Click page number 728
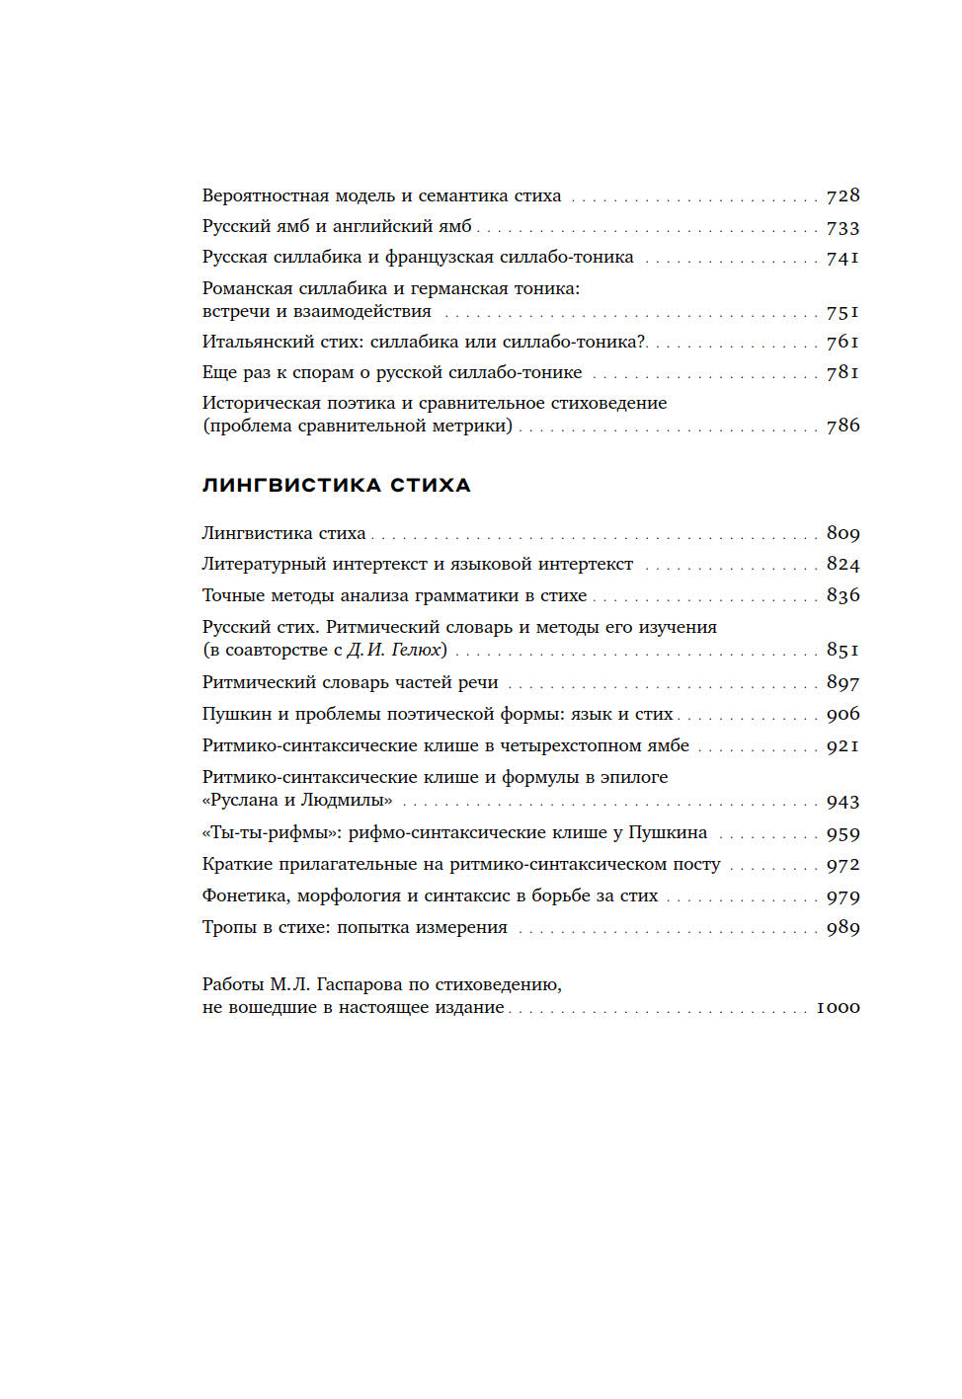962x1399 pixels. [842, 196]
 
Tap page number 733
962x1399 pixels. [842, 228]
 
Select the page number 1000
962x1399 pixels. [838, 1008]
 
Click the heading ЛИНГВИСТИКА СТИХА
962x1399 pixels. [336, 485]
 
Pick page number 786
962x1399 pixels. [842, 426]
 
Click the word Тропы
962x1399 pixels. [229, 927]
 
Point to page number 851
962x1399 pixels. [842, 650]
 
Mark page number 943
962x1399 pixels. [842, 802]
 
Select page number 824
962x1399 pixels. [842, 565]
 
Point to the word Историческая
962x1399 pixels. [257, 403]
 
